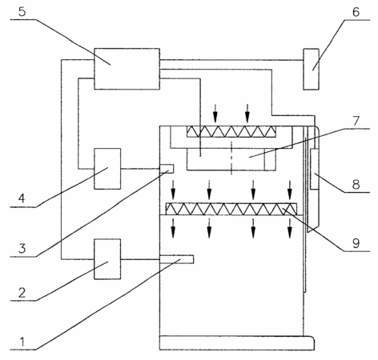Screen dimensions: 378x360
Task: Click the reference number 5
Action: coord(22,12)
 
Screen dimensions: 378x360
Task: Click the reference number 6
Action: coord(356,12)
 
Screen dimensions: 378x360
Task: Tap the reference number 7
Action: coord(356,121)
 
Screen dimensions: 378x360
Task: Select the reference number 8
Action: coord(356,184)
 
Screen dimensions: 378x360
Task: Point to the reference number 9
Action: coord(356,243)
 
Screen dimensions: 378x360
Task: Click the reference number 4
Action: coord(22,198)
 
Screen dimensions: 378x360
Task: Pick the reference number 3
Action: coord(22,249)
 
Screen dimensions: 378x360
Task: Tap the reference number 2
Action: coord(22,293)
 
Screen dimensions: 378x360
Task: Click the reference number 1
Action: coord(22,342)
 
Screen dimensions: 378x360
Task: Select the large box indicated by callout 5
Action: coord(127,69)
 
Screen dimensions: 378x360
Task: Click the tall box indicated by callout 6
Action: coord(311,69)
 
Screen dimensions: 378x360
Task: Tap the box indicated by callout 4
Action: coord(107,169)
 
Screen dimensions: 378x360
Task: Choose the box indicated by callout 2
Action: coord(107,259)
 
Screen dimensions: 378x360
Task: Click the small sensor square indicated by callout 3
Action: coord(167,169)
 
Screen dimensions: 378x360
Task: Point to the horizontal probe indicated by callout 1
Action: coord(176,259)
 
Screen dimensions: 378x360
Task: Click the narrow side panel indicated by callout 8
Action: coord(315,170)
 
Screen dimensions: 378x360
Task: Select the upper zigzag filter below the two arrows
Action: coord(231,131)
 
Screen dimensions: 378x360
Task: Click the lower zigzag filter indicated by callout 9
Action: coord(231,209)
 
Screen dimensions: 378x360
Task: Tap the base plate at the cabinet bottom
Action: coord(237,343)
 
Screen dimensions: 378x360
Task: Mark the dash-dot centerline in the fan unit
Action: coord(231,158)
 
